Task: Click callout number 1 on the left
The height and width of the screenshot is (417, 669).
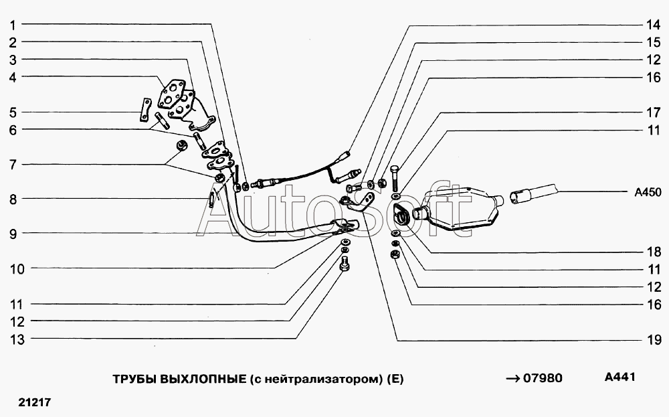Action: click(13, 25)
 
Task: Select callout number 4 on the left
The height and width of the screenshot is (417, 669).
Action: click(13, 77)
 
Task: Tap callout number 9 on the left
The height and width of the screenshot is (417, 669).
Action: click(13, 234)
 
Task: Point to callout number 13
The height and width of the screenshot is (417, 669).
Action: click(17, 340)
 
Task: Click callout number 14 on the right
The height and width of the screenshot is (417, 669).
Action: click(653, 25)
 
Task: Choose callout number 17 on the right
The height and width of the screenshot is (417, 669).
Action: click(653, 112)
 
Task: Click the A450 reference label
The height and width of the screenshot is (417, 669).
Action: click(648, 193)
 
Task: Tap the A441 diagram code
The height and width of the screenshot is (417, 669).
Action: click(620, 377)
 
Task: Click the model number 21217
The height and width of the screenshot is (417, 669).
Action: click(35, 402)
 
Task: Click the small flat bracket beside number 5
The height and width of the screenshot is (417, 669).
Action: click(145, 110)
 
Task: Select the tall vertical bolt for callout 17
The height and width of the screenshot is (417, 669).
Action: click(394, 178)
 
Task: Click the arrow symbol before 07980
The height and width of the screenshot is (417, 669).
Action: click(513, 379)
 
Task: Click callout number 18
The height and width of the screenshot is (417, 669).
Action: click(653, 252)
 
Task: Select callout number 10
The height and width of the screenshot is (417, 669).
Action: click(17, 269)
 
